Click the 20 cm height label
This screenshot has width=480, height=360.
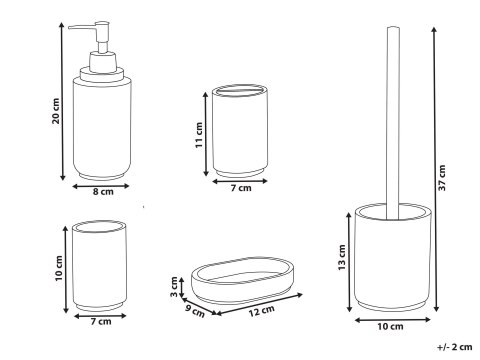(56, 111)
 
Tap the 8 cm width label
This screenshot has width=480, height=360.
(103, 192)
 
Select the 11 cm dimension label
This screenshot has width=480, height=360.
(199, 135)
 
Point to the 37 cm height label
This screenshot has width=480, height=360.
(442, 178)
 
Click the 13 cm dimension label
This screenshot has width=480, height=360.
(342, 257)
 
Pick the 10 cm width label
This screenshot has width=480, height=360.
(390, 326)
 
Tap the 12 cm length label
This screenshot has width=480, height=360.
(262, 311)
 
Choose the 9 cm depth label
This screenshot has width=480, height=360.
(195, 311)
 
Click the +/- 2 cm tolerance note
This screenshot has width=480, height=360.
(455, 347)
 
